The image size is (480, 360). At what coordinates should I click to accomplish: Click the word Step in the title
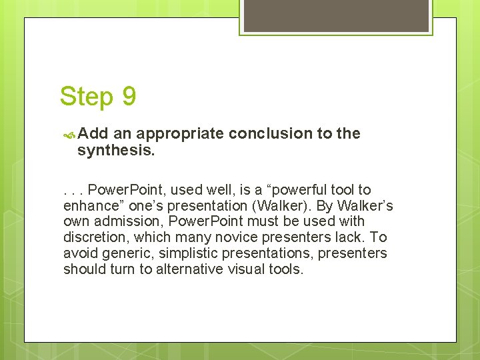click(87, 97)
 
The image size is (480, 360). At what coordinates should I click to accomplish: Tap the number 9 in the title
click(129, 97)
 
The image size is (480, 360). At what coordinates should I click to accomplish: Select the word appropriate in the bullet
click(180, 133)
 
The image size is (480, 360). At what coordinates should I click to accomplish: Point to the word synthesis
click(115, 151)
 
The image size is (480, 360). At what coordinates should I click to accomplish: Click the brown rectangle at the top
click(335, 15)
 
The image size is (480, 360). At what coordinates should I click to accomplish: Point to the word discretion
click(94, 237)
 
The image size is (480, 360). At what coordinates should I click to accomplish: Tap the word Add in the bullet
click(93, 133)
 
